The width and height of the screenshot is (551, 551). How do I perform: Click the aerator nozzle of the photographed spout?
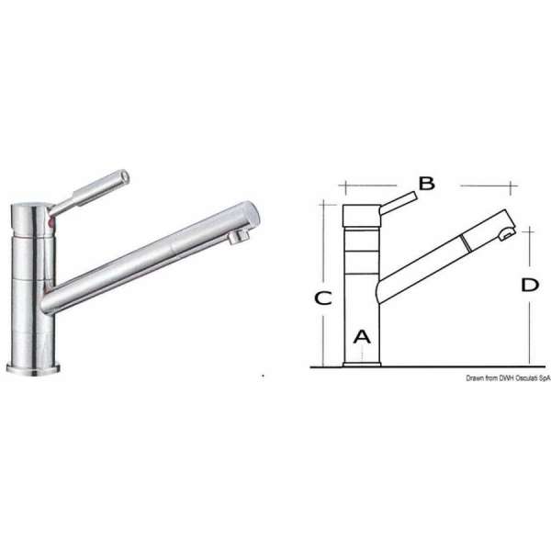coord(238,238)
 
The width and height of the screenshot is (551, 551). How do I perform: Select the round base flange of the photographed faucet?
coord(36,368)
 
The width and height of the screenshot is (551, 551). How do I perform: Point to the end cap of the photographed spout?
coord(249,214)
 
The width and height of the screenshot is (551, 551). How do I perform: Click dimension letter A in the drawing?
coord(362,335)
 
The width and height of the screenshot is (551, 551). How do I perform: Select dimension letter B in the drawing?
coord(426,184)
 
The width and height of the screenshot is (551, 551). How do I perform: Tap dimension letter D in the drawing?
coord(529,286)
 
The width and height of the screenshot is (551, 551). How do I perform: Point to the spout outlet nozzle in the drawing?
coord(503,237)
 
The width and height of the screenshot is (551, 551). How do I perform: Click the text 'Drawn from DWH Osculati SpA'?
coord(507,377)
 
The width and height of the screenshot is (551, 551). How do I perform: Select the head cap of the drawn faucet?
coord(361,216)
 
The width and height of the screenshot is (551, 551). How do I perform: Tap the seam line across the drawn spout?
coord(466,242)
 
